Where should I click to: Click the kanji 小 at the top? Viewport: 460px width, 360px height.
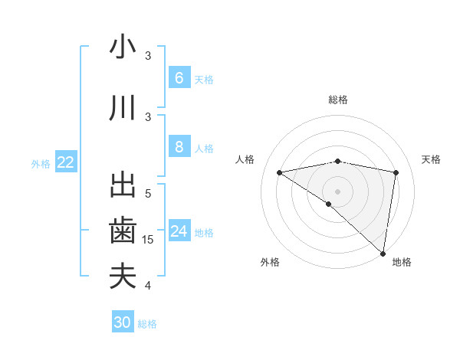(x=123, y=47)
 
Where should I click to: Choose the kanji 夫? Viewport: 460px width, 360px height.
(x=123, y=276)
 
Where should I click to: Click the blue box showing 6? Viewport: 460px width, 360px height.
(x=179, y=77)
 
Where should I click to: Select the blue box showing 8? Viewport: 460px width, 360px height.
(x=179, y=147)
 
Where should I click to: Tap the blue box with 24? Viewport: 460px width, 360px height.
(x=179, y=231)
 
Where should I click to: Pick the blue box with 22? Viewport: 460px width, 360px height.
(x=66, y=162)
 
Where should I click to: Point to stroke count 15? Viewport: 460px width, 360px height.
(x=148, y=240)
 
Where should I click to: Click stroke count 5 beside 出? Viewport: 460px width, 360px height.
(x=148, y=194)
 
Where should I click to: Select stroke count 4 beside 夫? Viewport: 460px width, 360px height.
(x=148, y=286)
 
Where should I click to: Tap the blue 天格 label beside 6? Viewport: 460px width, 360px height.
(x=204, y=79)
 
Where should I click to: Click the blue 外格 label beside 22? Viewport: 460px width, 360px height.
(x=41, y=163)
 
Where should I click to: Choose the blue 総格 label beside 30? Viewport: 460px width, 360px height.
(x=147, y=324)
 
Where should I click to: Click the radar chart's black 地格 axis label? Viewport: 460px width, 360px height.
(x=402, y=263)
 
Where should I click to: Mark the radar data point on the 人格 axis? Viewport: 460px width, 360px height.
(x=280, y=172)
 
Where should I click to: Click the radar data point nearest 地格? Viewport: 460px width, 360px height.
(x=383, y=254)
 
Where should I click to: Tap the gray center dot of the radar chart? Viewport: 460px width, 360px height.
(x=337, y=190)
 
